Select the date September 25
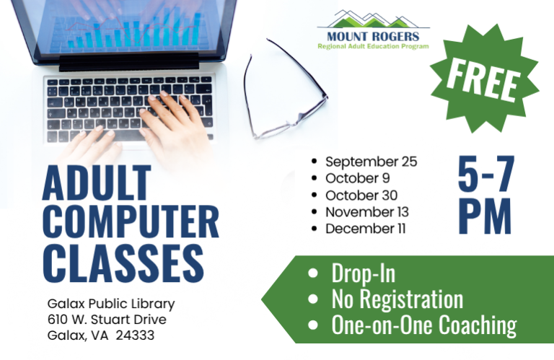coord(371,162)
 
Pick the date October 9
coord(357,178)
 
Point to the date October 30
coord(361,195)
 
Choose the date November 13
coord(366,212)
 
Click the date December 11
coord(365,229)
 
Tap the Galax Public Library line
coord(111,304)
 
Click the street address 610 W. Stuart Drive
coord(107,320)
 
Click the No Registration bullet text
coord(397,299)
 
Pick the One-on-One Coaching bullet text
coord(423,325)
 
